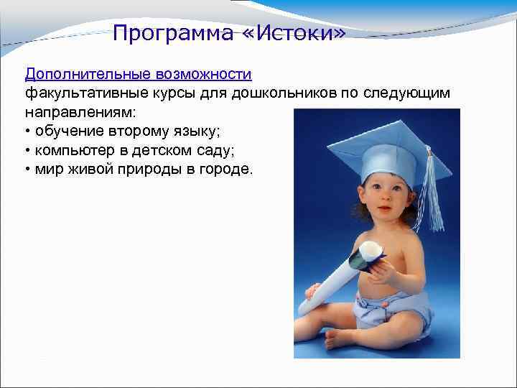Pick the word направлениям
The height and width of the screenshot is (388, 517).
tap(73, 113)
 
